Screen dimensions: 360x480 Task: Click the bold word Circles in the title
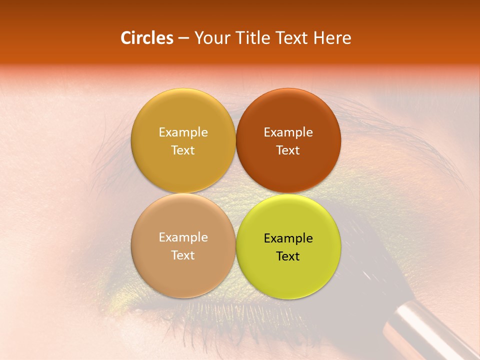point(146,37)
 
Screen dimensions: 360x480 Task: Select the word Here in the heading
point(332,37)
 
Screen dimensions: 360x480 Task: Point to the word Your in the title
point(212,37)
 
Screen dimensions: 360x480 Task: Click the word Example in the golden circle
point(183,132)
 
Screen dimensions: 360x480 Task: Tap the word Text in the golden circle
point(183,150)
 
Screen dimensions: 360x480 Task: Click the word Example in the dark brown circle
point(288,132)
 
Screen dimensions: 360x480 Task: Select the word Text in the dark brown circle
point(288,150)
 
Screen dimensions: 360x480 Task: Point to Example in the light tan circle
point(183,237)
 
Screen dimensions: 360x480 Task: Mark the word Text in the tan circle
point(183,255)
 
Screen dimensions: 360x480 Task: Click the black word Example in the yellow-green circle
point(288,238)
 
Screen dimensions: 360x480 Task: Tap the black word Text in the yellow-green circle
point(288,256)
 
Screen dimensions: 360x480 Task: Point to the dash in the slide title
point(183,38)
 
